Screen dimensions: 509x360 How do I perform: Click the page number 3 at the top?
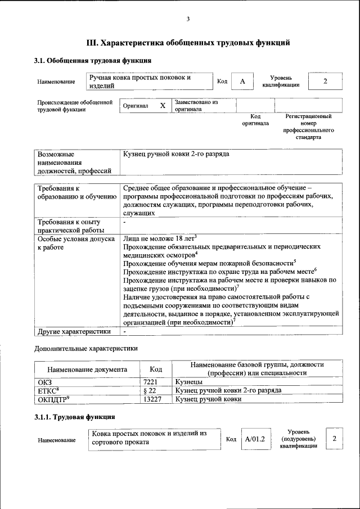(x=188, y=19)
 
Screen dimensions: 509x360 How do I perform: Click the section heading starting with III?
(x=188, y=42)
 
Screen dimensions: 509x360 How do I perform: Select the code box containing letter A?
(x=242, y=82)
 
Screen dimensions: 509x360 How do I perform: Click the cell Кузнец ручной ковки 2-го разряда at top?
(x=176, y=154)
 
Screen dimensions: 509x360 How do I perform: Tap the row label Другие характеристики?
(x=73, y=332)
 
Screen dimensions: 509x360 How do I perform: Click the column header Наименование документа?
(x=87, y=370)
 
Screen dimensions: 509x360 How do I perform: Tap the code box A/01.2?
(x=255, y=439)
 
